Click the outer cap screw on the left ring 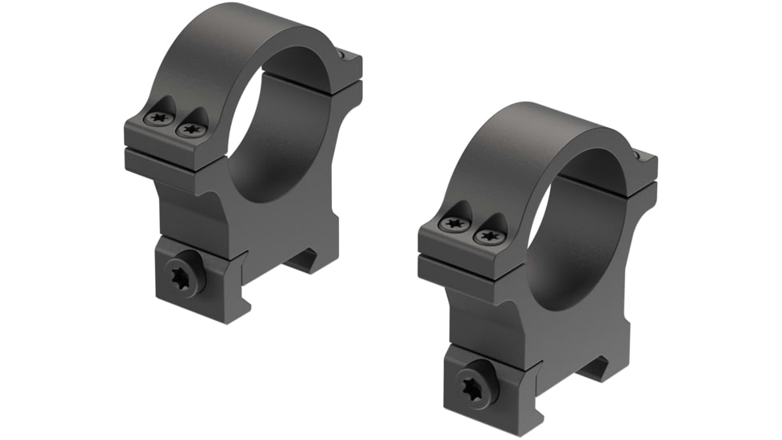tap(157, 118)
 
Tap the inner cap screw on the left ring tap(190, 127)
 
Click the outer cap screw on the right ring tap(454, 225)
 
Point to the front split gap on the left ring tap(168, 150)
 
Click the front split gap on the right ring tap(464, 259)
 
